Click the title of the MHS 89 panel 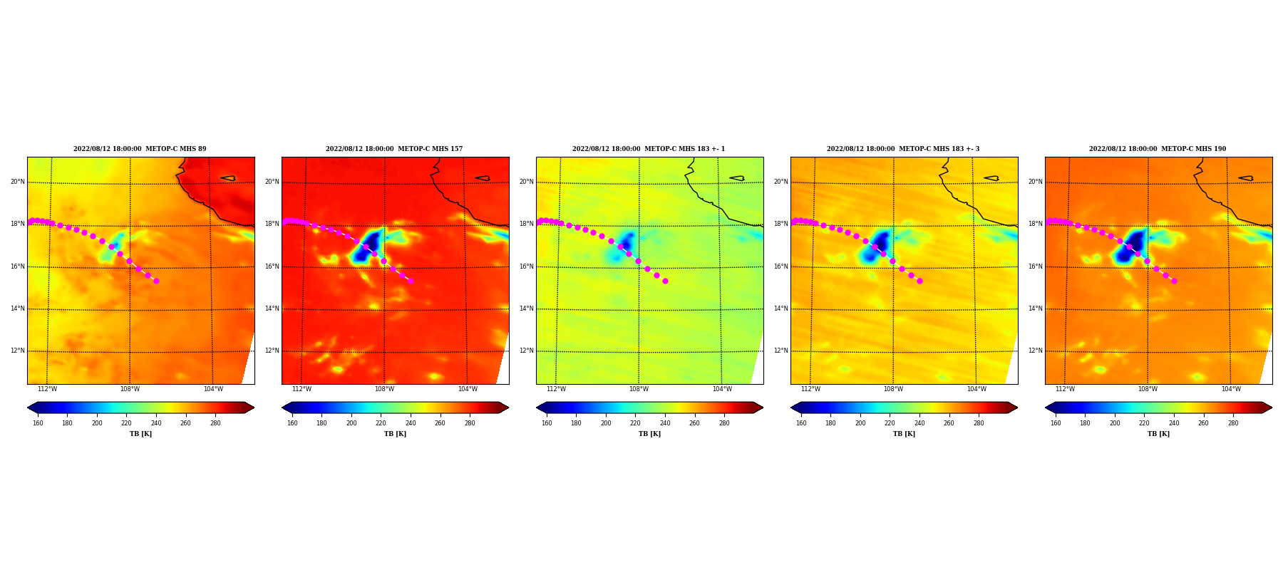click(140, 149)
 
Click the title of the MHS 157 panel click(394, 149)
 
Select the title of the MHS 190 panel click(1158, 149)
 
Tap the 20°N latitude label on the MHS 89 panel click(18, 182)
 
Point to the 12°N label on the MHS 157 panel click(272, 351)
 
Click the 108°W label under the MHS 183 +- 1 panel click(639, 389)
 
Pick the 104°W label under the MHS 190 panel click(1231, 389)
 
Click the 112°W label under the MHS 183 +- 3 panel click(810, 389)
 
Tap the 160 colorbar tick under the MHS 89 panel click(38, 423)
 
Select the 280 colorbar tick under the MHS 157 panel click(470, 423)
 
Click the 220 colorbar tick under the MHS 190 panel click(1144, 423)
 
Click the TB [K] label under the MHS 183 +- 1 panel click(649, 434)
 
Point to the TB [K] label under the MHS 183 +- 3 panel click(904, 434)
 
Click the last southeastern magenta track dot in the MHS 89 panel click(156, 281)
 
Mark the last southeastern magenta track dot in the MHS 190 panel click(1174, 281)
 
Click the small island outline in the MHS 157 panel click(483, 178)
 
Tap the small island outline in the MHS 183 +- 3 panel click(991, 178)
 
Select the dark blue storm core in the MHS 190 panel click(1132, 245)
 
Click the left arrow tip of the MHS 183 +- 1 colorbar click(537, 408)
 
